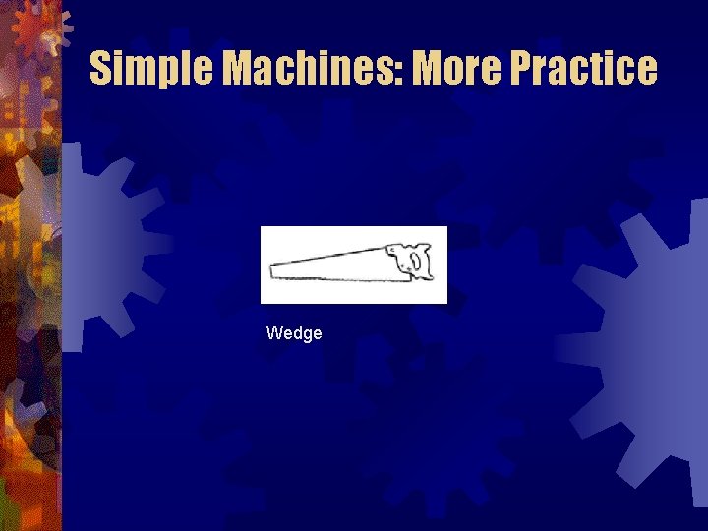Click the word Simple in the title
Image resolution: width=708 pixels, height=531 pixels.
(x=152, y=68)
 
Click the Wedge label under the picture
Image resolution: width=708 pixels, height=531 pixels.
(x=294, y=333)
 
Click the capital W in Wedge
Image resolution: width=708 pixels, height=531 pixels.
(x=274, y=333)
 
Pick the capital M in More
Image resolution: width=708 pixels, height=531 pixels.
(x=429, y=68)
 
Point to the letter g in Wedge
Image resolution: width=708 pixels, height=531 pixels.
(x=306, y=335)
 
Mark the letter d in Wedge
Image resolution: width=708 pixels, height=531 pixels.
(x=296, y=333)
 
